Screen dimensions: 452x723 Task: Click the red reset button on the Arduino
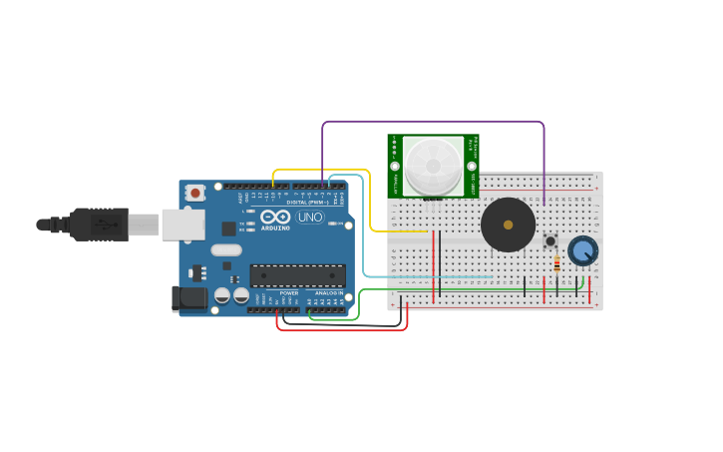[x=195, y=193]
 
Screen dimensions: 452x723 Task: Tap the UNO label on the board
[x=310, y=217]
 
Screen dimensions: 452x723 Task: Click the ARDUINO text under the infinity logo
[x=275, y=227]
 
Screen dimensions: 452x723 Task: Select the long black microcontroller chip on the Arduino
[x=297, y=275]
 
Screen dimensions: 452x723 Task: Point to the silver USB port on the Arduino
[x=183, y=225]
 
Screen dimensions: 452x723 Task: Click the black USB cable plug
[x=99, y=225]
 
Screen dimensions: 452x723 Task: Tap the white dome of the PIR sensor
[x=433, y=166]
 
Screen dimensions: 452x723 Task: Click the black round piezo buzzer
[x=508, y=225]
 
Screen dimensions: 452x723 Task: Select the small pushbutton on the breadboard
[x=549, y=240]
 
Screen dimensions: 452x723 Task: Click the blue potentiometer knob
[x=582, y=250]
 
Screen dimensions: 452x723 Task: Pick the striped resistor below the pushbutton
[x=556, y=264]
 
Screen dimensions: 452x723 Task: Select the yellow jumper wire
[x=371, y=200]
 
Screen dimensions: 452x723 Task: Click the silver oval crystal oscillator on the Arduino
[x=226, y=250]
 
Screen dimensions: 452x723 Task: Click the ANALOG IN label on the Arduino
[x=329, y=292]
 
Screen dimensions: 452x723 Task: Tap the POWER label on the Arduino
[x=289, y=292]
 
